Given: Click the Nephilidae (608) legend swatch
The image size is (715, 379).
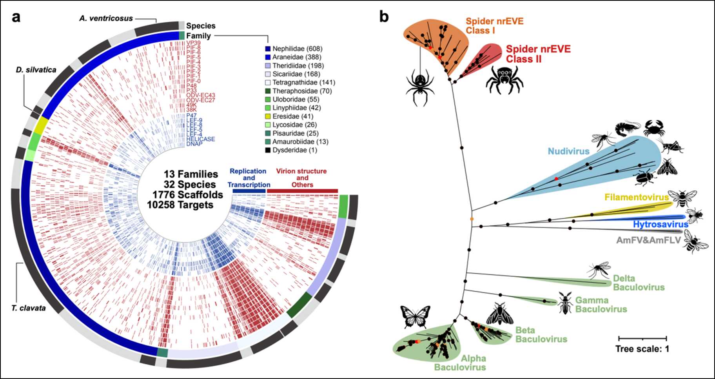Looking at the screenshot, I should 268,49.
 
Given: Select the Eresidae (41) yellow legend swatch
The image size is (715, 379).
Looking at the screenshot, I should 268,116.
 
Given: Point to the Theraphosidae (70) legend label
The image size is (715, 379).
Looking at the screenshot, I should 302,91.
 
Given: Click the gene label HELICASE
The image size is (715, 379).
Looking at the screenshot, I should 200,139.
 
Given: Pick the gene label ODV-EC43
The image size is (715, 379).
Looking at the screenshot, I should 200,95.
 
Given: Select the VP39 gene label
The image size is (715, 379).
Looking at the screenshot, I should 193,43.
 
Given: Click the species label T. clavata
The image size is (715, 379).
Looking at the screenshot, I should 28,308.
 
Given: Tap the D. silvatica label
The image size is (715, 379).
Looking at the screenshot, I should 36,70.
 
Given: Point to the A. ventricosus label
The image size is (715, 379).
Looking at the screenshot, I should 106,18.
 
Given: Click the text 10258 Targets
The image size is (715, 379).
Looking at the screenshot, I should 180,205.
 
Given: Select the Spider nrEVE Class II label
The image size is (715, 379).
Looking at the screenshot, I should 538,54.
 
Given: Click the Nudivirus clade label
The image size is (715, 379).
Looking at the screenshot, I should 568,151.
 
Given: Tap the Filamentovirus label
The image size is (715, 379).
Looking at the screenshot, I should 636,197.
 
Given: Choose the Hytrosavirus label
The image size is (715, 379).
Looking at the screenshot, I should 661,224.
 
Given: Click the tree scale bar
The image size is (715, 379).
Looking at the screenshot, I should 642,338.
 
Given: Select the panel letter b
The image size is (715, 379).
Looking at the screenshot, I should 384,17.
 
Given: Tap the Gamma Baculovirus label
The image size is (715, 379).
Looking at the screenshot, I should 601,305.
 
